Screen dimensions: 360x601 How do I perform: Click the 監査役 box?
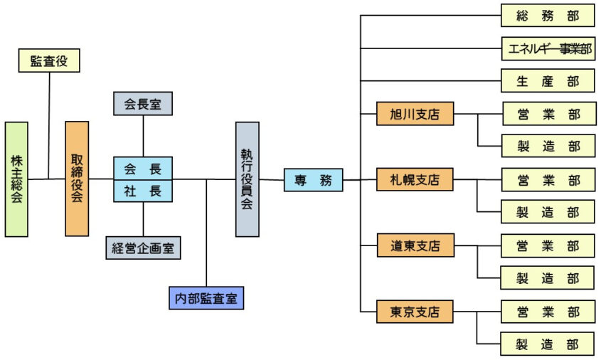[48, 61]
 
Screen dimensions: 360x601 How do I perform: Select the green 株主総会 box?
[16, 179]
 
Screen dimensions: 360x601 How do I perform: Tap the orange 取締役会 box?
[77, 178]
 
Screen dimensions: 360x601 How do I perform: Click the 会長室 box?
[143, 104]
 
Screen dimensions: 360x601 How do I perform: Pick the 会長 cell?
[143, 169]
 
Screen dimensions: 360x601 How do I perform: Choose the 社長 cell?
[143, 191]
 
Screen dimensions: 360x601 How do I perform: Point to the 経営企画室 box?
[144, 248]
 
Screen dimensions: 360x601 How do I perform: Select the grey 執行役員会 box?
[247, 179]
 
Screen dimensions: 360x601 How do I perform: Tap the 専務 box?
[313, 180]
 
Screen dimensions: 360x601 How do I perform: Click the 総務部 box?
[548, 15]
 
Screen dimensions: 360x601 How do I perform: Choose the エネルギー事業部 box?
[548, 48]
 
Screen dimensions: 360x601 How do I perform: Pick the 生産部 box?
[548, 81]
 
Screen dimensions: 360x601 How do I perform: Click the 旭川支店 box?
[415, 114]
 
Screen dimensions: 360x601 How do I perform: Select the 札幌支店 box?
[415, 180]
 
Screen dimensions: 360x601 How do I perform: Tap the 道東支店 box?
[415, 246]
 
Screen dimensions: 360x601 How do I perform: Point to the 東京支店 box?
[415, 312]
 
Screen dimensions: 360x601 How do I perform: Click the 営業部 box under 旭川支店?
[548, 114]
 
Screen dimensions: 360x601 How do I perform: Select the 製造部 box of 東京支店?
[548, 344]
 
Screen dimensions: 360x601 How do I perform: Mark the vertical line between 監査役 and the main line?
[48, 125]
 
